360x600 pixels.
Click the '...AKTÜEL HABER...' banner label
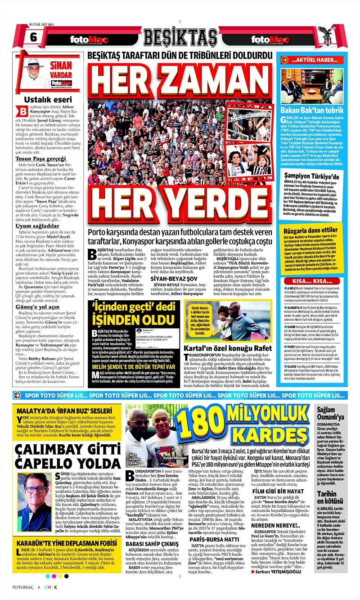coord(314,60)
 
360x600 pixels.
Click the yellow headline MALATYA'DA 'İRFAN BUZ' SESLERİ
coord(63,411)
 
